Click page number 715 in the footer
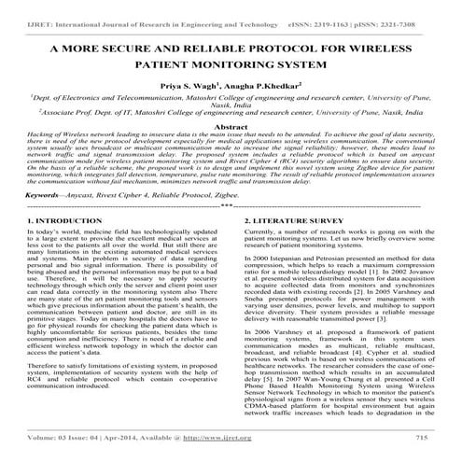tap(421, 435)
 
